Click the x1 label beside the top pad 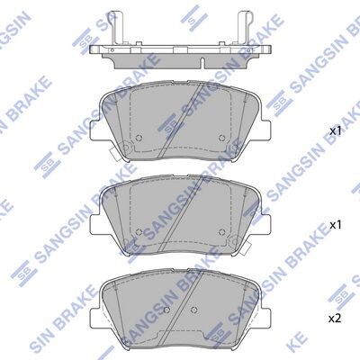[336, 130]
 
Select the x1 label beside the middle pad [336, 225]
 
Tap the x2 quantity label [335, 319]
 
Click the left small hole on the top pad [139, 138]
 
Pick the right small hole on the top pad [222, 138]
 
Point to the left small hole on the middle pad [139, 232]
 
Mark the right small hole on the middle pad [222, 232]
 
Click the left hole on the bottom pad [167, 310]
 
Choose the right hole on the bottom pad [193, 310]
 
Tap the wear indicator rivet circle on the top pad [126, 147]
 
